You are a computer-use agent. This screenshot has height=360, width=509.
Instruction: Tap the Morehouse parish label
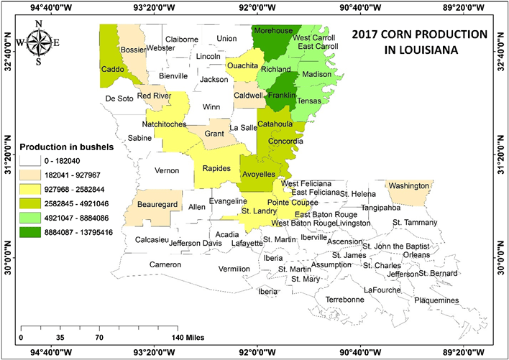click(x=273, y=31)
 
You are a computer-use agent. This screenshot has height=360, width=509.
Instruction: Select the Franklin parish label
click(x=283, y=94)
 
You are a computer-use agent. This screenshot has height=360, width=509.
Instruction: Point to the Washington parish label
click(x=410, y=185)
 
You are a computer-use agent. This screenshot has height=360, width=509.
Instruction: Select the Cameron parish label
click(x=165, y=264)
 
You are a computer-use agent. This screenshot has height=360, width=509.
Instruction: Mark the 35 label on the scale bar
click(x=60, y=336)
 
